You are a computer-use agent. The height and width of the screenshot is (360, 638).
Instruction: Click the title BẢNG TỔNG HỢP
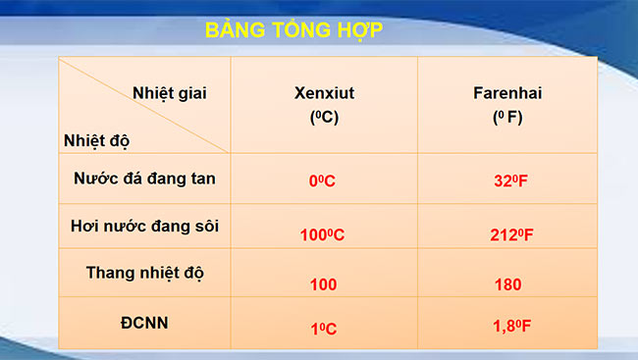tap(293, 29)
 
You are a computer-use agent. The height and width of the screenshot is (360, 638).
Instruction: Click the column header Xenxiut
tap(325, 94)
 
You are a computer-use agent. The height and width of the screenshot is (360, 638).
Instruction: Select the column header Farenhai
tap(507, 94)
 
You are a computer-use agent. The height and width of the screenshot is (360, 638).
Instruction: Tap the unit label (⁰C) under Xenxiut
tap(325, 117)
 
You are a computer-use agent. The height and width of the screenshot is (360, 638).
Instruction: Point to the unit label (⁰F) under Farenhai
tap(507, 117)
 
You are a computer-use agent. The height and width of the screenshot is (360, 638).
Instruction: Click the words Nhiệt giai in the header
tap(170, 93)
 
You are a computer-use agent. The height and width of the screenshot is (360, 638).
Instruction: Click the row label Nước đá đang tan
tap(144, 179)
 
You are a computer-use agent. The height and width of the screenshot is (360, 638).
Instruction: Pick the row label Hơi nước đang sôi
tap(144, 226)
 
